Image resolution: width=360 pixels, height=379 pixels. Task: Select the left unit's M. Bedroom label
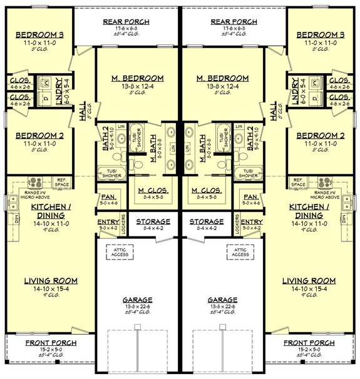(138, 78)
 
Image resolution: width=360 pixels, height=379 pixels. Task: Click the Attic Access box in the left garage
(120, 252)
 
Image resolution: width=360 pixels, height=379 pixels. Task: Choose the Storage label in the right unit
(206, 222)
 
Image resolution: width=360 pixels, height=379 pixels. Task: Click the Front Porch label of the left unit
(51, 343)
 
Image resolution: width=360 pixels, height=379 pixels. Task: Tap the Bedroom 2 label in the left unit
(39, 136)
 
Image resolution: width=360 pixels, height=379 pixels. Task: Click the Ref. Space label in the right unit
(299, 183)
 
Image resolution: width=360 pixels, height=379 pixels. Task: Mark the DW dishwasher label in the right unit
(344, 218)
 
